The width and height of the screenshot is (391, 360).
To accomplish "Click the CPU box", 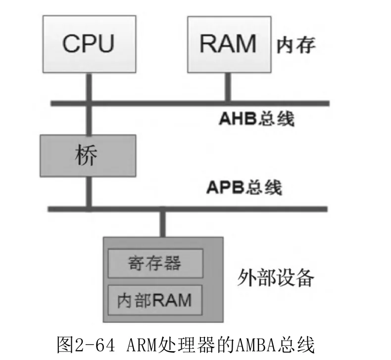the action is click(89, 44).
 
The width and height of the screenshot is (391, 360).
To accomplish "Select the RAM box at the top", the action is click(229, 45).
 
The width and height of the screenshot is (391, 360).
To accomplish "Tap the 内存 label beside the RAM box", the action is click(296, 45).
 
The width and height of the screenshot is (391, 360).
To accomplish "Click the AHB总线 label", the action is click(256, 118).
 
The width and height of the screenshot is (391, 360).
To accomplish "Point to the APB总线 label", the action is click(244, 187).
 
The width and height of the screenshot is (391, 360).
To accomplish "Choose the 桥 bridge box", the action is click(88, 156).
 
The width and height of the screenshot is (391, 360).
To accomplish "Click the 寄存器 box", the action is click(155, 263).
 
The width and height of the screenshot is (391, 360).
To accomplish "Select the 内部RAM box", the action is click(155, 300).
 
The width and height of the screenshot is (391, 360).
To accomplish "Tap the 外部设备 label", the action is click(275, 278).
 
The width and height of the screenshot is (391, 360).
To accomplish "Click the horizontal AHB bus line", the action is click(190, 103).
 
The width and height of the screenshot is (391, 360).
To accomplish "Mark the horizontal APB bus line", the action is click(188, 209).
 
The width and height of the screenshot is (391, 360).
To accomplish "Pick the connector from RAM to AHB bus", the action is click(228, 87).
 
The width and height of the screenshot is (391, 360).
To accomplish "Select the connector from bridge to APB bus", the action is click(89, 192).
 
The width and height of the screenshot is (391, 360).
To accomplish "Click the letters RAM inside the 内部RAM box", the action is click(172, 300).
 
